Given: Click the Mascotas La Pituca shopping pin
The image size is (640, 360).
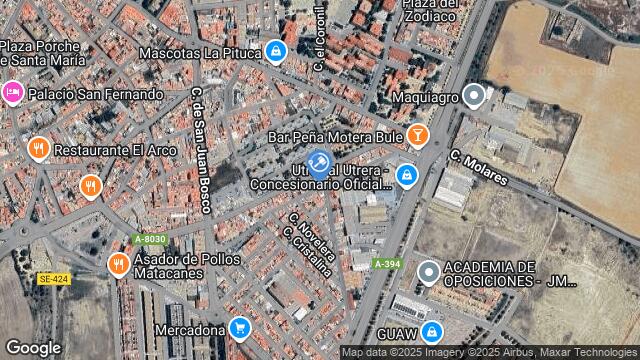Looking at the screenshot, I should click(276, 50).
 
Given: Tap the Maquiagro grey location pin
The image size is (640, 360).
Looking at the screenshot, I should click(475, 96).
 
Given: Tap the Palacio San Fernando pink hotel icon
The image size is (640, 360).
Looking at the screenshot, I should click(11, 94).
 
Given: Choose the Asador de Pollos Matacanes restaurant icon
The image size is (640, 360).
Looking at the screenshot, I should click(116, 264).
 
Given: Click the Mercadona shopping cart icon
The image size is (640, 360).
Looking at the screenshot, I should click(239, 327).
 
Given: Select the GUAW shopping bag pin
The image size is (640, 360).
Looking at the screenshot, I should click(432, 331).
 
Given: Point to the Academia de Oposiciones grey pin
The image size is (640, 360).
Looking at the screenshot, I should click(429, 272).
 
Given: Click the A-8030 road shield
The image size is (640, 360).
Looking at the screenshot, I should click(149, 239).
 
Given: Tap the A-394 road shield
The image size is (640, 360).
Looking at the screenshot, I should click(387, 263).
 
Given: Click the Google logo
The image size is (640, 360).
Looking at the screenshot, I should click(33, 347).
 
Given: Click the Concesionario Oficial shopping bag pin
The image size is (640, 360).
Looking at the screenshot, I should click(406, 176).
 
